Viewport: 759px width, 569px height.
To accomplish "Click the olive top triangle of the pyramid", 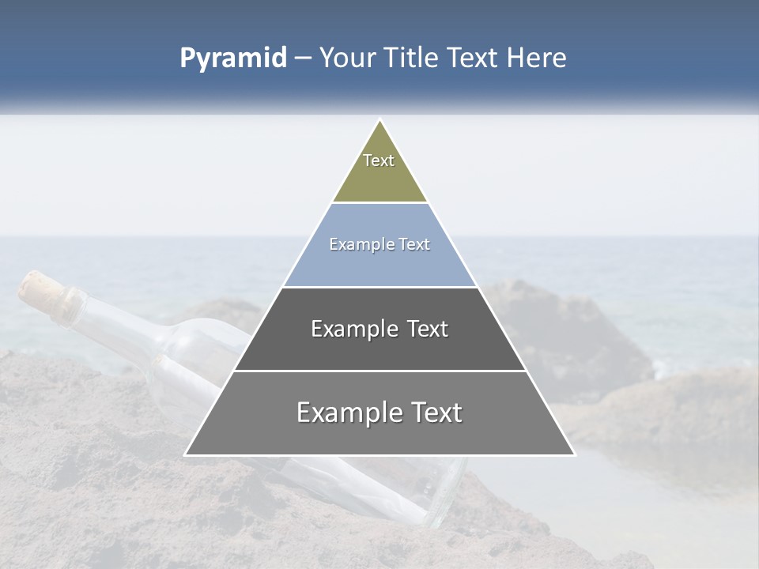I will coord(379,178).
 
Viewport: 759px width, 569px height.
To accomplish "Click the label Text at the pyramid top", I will coord(379,160).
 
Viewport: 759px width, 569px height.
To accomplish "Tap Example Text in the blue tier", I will coord(379,245).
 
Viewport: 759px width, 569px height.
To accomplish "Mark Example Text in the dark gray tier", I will coord(379,329).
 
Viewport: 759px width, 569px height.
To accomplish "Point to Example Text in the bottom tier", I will coord(379,413).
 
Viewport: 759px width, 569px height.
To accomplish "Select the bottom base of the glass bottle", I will coord(447,494).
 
